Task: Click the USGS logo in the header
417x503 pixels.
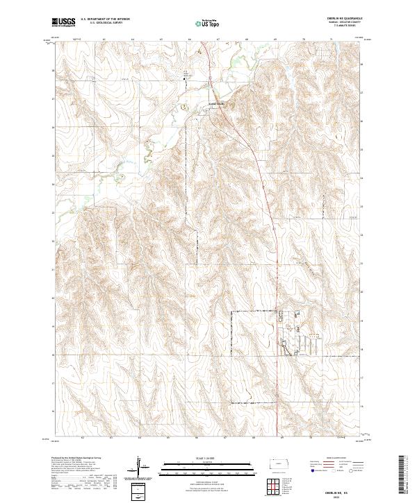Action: tap(64, 22)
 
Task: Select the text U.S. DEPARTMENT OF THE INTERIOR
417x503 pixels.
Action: tap(105, 19)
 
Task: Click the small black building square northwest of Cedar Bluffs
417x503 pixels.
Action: tap(184, 80)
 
